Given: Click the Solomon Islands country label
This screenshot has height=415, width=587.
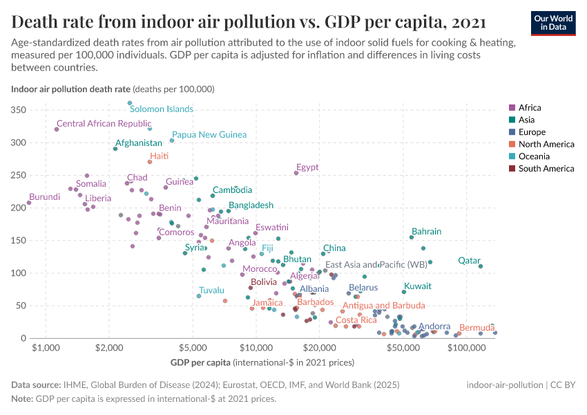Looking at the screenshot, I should [x=162, y=109].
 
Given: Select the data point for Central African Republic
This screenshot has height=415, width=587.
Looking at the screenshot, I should [x=57, y=129].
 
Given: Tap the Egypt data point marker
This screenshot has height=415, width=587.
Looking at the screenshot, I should [x=296, y=173].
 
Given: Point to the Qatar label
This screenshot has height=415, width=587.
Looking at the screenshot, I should [x=469, y=261].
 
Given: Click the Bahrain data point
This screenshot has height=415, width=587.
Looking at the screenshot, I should [x=412, y=237].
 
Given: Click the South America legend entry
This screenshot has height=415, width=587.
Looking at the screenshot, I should [x=546, y=169].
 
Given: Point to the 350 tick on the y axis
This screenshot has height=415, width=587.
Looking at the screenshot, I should [x=19, y=111].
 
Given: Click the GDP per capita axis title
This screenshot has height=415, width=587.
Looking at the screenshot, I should [x=200, y=362].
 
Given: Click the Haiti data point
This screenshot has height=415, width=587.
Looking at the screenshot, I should [x=150, y=162].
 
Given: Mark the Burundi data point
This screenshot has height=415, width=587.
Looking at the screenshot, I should [x=29, y=203].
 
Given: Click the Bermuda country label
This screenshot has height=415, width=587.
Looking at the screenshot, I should [x=477, y=327].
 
